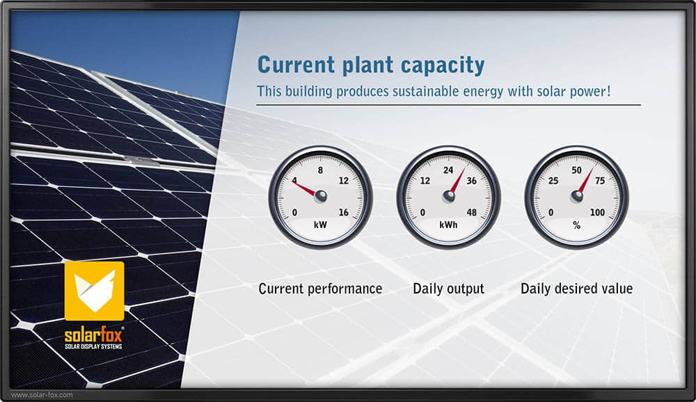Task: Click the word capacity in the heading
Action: click(442, 65)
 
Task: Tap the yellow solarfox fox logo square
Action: click(95, 291)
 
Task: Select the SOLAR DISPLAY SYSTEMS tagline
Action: click(93, 346)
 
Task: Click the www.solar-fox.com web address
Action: click(42, 394)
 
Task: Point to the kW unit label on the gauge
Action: click(320, 225)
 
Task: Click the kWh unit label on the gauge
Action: click(448, 225)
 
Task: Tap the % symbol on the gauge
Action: click(576, 225)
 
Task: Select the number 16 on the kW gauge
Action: click(344, 213)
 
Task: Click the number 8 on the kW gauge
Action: click(320, 170)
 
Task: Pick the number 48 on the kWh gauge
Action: click(471, 213)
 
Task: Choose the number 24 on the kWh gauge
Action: click(448, 170)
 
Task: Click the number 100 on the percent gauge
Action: click(597, 213)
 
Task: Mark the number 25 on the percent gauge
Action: click(553, 181)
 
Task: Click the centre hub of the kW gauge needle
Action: click(320, 195)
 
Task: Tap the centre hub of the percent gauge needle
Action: click(576, 195)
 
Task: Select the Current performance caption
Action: click(320, 289)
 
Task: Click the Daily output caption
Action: click(448, 289)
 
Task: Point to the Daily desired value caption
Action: click(576, 289)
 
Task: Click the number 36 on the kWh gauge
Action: click(471, 181)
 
